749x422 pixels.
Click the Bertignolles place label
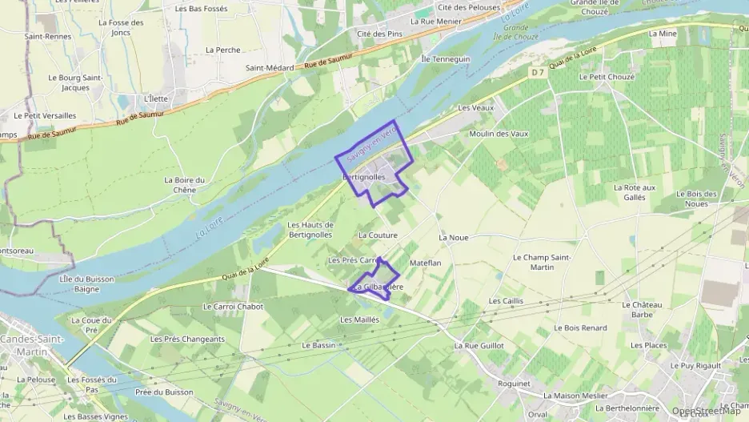pyautogui.click(x=364, y=176)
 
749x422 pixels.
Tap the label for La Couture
pyautogui.click(x=379, y=235)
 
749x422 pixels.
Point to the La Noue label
pyautogui.click(x=453, y=238)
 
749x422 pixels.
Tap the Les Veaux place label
pyautogui.click(x=475, y=107)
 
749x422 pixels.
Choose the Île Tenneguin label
pyautogui.click(x=446, y=59)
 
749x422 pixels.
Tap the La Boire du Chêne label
pyautogui.click(x=185, y=185)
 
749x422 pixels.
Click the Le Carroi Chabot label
pyautogui.click(x=233, y=306)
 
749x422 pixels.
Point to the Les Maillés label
pyautogui.click(x=359, y=320)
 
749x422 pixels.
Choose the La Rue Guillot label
pyautogui.click(x=479, y=346)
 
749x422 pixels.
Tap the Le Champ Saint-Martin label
pyautogui.click(x=542, y=262)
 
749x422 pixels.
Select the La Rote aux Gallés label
pyautogui.click(x=634, y=192)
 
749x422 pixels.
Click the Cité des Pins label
pyautogui.click(x=380, y=34)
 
